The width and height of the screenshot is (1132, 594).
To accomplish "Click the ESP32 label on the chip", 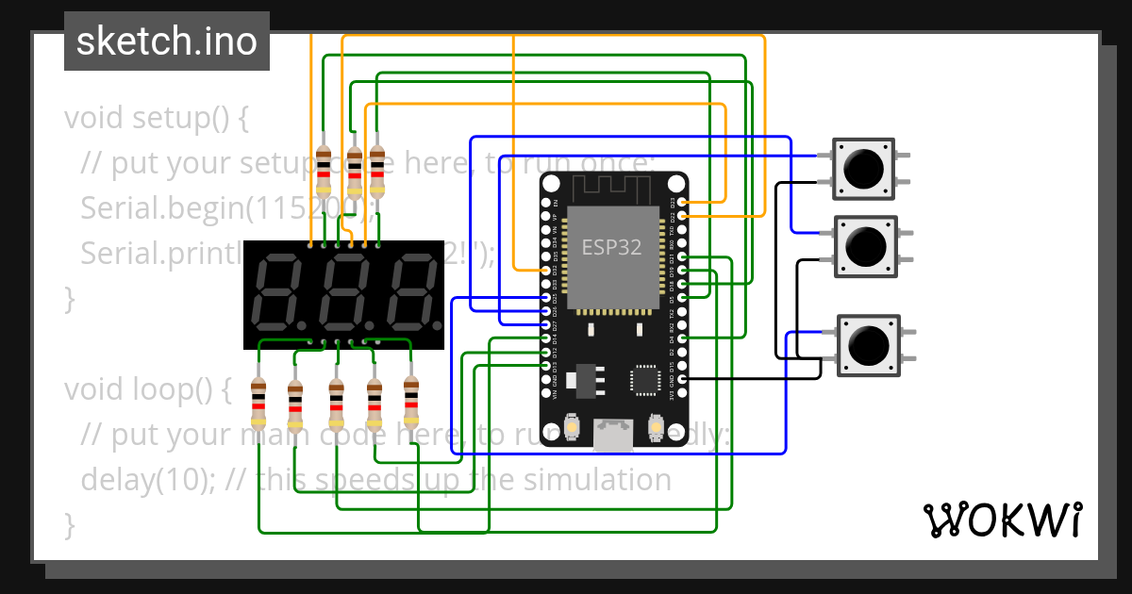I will coord(611,248).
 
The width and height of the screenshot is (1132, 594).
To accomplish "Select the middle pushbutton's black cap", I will coord(865,246).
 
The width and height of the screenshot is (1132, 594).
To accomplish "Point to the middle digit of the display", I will coord(344,292).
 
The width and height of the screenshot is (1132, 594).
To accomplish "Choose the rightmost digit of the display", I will coord(410,292).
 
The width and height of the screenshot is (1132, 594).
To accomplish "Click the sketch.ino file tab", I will coord(167,41).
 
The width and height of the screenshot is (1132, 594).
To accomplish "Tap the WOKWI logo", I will coord(1002,520).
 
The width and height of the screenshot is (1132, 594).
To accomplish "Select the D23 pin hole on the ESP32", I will coord(681,202).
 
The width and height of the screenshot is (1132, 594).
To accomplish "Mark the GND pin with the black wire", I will coord(681,378).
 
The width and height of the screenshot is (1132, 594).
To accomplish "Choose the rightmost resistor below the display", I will coord(410,401).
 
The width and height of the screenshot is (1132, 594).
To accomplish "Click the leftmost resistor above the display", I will coord(324,170).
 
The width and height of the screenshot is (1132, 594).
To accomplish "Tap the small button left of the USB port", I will coord(572,429).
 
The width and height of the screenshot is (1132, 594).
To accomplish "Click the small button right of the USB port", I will coord(655,429).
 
